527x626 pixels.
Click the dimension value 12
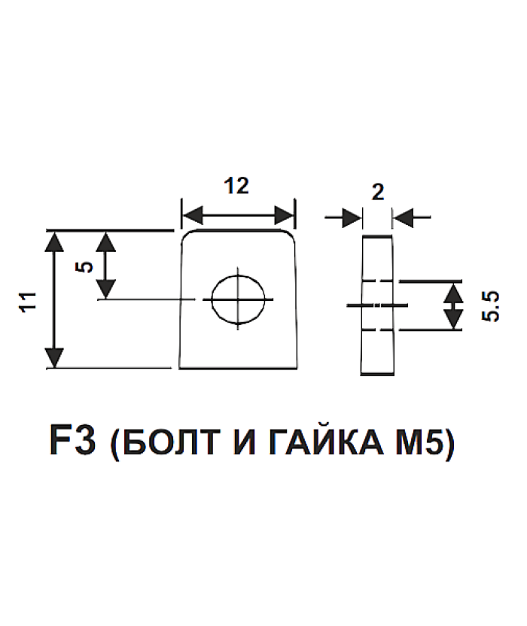coord(236,186)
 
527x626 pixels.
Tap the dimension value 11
coord(29,302)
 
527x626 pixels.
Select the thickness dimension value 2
coord(378,190)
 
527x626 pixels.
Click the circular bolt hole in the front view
coord(239,299)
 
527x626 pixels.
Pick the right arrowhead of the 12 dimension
coord(285,216)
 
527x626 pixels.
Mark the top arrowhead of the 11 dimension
coord(54,241)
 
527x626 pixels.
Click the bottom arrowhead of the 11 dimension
coord(54,358)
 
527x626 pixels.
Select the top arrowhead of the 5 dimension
coord(106,241)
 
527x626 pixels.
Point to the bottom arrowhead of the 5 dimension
coord(106,287)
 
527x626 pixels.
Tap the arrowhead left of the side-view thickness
coord(351,218)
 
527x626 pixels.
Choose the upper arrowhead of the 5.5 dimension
coord(452,292)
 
